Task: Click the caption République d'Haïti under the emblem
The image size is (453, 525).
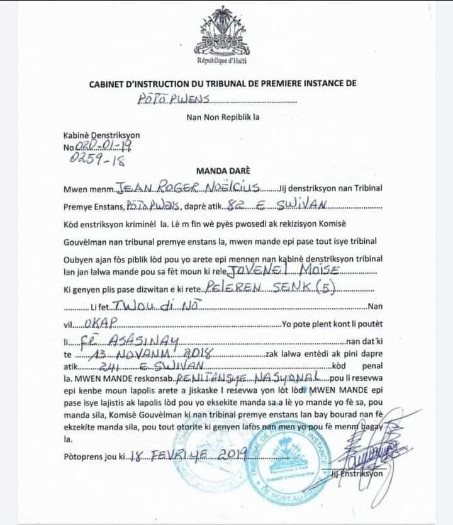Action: point(221,61)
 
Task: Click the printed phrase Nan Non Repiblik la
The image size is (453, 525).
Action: point(223,117)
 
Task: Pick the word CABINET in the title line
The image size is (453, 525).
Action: point(111,83)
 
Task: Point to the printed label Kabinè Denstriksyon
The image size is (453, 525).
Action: point(101,135)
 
